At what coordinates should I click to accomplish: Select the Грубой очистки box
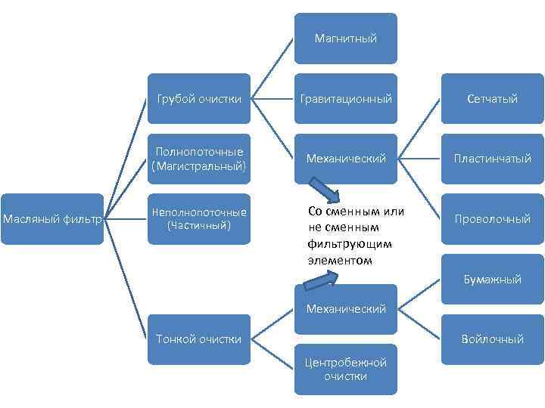[198, 98]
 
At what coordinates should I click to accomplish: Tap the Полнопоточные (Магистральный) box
[198, 159]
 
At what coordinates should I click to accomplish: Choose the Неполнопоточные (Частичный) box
[198, 219]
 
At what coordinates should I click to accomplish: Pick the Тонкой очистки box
[198, 339]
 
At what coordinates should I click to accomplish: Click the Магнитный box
[345, 38]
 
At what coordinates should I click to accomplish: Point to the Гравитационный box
[345, 98]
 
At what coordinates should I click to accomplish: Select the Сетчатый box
[492, 98]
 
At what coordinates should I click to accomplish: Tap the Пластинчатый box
[492, 159]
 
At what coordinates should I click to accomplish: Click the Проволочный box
[492, 219]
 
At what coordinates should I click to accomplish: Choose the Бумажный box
[492, 279]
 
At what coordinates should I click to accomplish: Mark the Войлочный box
[492, 339]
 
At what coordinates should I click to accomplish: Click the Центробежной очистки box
[345, 369]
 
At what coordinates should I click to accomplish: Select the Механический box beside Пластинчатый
[345, 159]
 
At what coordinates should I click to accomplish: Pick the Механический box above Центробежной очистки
[345, 308]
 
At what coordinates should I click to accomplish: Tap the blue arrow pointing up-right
[319, 280]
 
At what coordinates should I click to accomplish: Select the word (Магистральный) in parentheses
[198, 165]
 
